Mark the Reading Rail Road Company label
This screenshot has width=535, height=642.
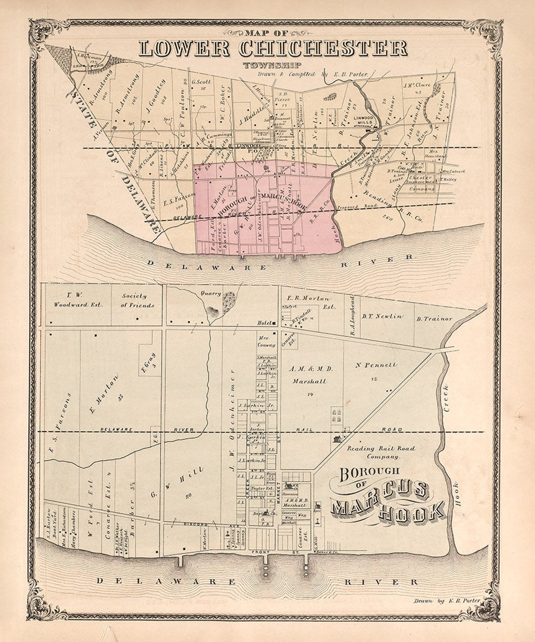(381, 452)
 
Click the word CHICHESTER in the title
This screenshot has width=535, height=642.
(323, 49)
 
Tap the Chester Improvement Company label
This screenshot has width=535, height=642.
(421, 183)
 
